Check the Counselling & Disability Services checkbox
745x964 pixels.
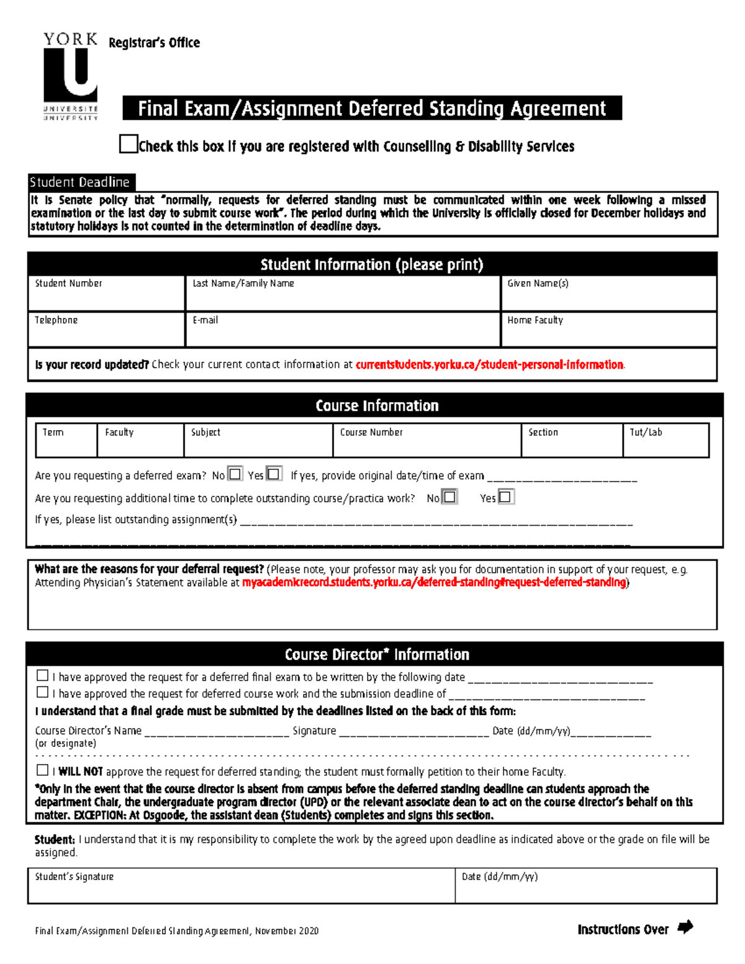click(x=128, y=144)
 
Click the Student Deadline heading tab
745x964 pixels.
click(x=80, y=182)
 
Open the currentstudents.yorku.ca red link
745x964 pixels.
click(x=489, y=365)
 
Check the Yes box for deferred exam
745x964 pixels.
click(x=274, y=474)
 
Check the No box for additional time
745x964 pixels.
click(x=449, y=497)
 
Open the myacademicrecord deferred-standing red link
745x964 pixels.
click(x=434, y=582)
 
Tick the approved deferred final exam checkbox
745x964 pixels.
click(x=42, y=675)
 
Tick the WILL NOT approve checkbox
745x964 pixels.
click(x=42, y=770)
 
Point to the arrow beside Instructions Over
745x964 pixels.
click(x=685, y=927)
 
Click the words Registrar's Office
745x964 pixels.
click(x=154, y=43)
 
